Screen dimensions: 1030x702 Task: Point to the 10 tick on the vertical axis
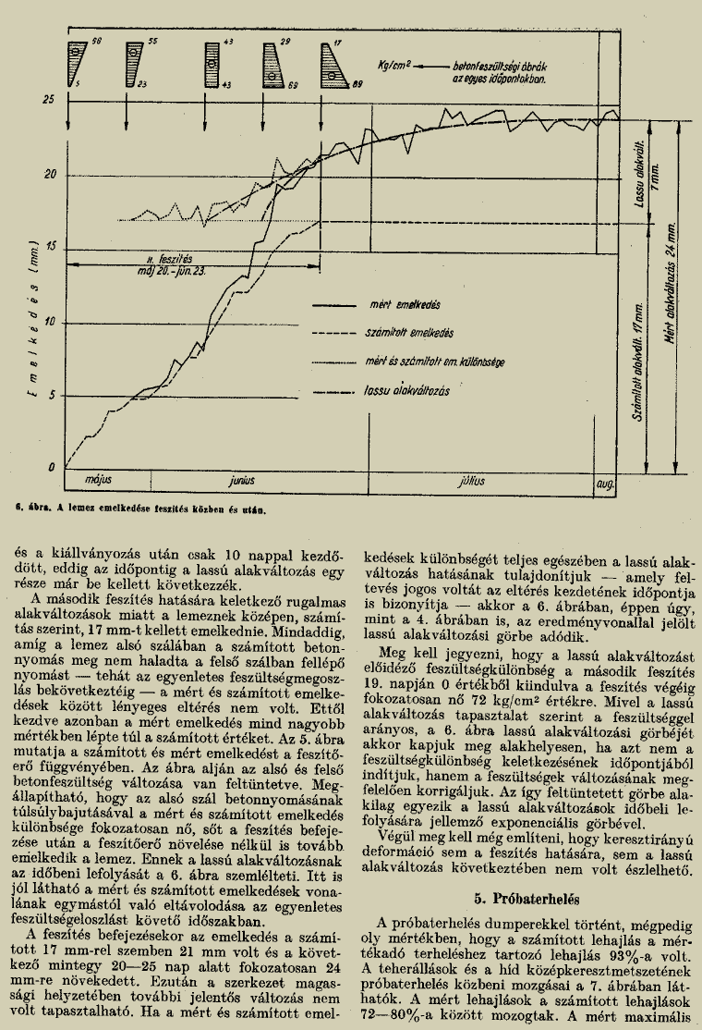click(x=49, y=322)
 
